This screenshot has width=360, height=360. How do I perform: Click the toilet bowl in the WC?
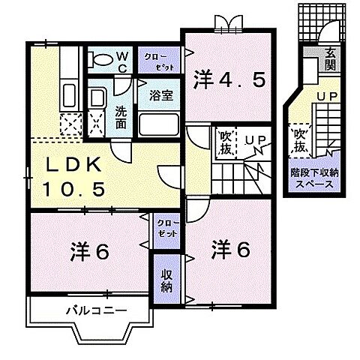point(99,58)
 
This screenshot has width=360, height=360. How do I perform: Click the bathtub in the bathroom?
point(157,122)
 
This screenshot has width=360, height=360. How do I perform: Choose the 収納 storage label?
point(167,278)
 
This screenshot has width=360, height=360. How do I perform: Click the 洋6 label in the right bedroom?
point(229,247)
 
